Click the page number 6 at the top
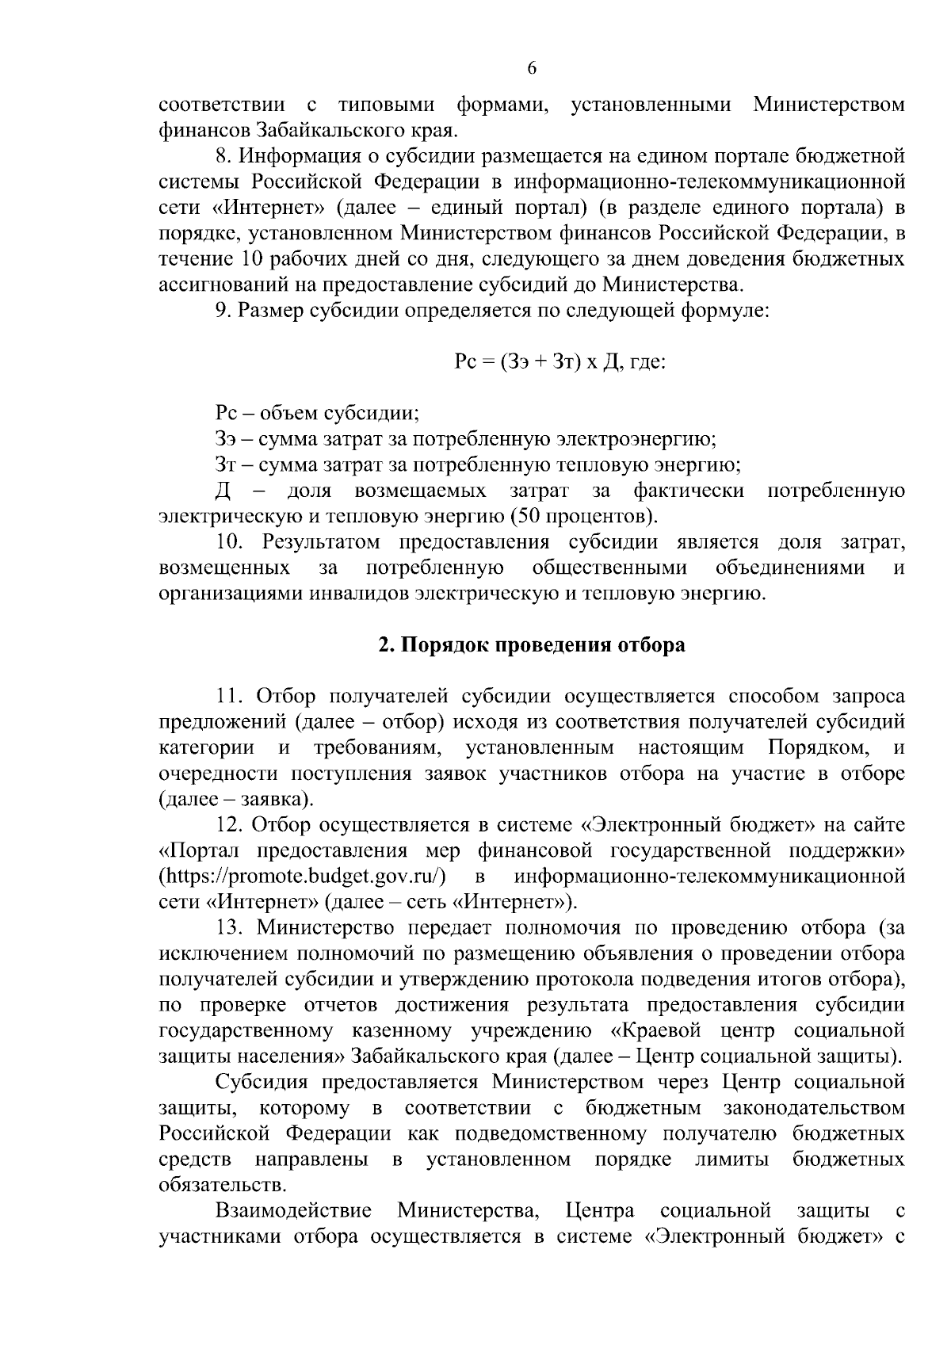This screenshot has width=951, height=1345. [532, 69]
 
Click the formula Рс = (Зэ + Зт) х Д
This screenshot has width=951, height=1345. [548, 362]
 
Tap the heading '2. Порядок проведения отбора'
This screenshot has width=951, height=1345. [531, 645]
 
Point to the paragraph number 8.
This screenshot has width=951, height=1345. [223, 156]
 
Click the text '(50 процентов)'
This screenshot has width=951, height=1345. [585, 517]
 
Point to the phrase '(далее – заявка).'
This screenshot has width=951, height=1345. [235, 799]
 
